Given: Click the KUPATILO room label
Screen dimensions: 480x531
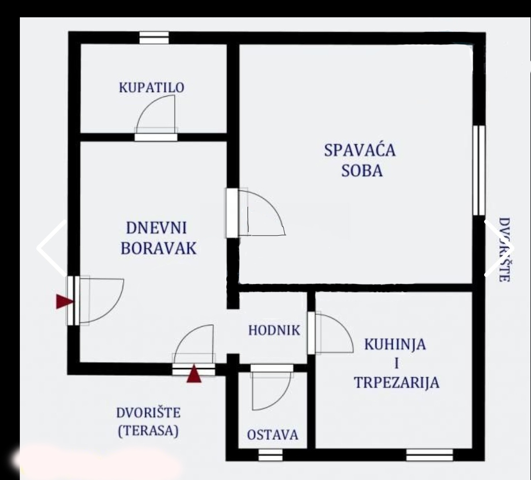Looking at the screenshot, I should pyautogui.click(x=152, y=88).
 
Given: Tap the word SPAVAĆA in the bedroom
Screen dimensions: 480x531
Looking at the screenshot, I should pyautogui.click(x=360, y=151).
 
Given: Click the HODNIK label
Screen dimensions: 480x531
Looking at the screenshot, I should pyautogui.click(x=274, y=330).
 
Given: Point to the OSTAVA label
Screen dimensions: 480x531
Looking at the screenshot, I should pyautogui.click(x=272, y=435).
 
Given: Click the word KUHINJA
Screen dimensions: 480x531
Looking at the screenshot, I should pyautogui.click(x=395, y=345).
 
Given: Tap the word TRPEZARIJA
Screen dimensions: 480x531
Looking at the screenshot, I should pyautogui.click(x=397, y=383).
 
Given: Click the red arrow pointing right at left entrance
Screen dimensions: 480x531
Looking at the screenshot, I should pyautogui.click(x=64, y=302).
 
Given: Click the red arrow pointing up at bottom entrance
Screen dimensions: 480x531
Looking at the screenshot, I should pyautogui.click(x=193, y=374).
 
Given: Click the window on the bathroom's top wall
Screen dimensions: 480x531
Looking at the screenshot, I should pyautogui.click(x=154, y=38).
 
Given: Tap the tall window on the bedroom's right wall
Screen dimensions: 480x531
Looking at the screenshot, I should pyautogui.click(x=479, y=170).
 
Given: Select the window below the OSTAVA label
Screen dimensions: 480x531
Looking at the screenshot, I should pyautogui.click(x=270, y=455).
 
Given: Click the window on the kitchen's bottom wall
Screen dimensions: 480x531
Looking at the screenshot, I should pyautogui.click(x=429, y=455).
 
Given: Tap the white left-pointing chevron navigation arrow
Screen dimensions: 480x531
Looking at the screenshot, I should pyautogui.click(x=51, y=248).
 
